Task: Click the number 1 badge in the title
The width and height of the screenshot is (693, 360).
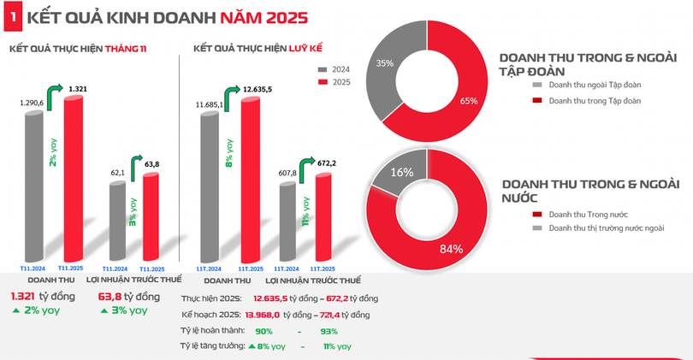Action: coord(11,15)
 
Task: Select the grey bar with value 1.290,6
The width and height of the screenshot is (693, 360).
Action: coord(33,184)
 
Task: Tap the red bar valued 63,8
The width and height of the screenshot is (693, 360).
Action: coord(151,216)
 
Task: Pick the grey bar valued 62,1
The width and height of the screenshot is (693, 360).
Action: coord(117,221)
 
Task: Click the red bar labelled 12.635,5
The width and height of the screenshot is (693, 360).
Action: coord(248,180)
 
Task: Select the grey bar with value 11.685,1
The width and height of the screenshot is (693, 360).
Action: coord(209,186)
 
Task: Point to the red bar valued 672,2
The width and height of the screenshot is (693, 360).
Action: coord(323,216)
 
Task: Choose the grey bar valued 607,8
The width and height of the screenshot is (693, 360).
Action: coord(287,221)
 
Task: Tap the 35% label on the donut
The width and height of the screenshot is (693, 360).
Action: coord(385,63)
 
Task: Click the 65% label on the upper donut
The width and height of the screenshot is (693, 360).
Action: coord(468,101)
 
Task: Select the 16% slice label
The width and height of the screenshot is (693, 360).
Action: coord(402,172)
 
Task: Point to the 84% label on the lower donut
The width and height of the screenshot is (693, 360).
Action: coord(451,249)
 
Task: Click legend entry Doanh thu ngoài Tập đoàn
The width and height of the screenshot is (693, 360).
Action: coord(583,86)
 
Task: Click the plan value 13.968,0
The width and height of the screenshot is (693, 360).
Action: coord(263,315)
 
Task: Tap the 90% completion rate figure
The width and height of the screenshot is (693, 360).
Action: coord(264,331)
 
